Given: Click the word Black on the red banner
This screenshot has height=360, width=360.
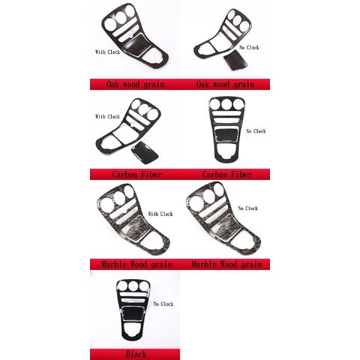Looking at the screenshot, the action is click(x=136, y=354).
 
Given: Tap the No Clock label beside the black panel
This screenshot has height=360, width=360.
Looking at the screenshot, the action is click(x=163, y=304).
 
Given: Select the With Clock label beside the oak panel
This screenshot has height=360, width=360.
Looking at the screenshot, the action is click(x=108, y=52).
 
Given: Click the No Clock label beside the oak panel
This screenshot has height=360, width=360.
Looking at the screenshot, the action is click(x=249, y=47).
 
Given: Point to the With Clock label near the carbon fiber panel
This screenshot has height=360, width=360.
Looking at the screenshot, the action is click(x=108, y=116).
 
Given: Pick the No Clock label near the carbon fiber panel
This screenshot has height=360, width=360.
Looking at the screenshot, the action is click(x=256, y=131).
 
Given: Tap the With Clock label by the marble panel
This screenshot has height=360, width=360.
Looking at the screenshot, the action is click(x=160, y=214).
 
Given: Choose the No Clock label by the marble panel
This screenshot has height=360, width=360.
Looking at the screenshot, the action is click(x=248, y=208).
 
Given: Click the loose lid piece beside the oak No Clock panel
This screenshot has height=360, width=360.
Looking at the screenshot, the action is click(x=235, y=60).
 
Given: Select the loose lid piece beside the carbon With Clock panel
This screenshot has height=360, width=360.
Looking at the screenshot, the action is click(x=145, y=152).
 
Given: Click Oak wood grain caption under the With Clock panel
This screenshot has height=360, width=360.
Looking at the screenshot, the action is click(x=135, y=85).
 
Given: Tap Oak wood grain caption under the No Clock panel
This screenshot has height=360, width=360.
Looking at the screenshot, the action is click(x=225, y=85).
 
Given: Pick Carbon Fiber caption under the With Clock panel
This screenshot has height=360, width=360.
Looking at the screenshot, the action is click(x=137, y=174).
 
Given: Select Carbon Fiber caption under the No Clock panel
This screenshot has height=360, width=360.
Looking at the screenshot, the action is click(x=227, y=174).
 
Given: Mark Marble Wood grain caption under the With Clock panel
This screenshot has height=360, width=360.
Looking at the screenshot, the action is click(x=136, y=264).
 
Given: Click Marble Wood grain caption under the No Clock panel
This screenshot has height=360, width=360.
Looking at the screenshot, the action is click(x=226, y=264).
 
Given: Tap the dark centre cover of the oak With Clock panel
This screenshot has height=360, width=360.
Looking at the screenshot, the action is click(x=137, y=44).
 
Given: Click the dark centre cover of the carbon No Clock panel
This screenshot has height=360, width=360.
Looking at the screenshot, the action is click(x=226, y=135).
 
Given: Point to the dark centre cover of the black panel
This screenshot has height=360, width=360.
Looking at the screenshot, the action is click(x=133, y=313).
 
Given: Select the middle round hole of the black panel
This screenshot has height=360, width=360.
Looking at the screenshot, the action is click(x=133, y=286).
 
